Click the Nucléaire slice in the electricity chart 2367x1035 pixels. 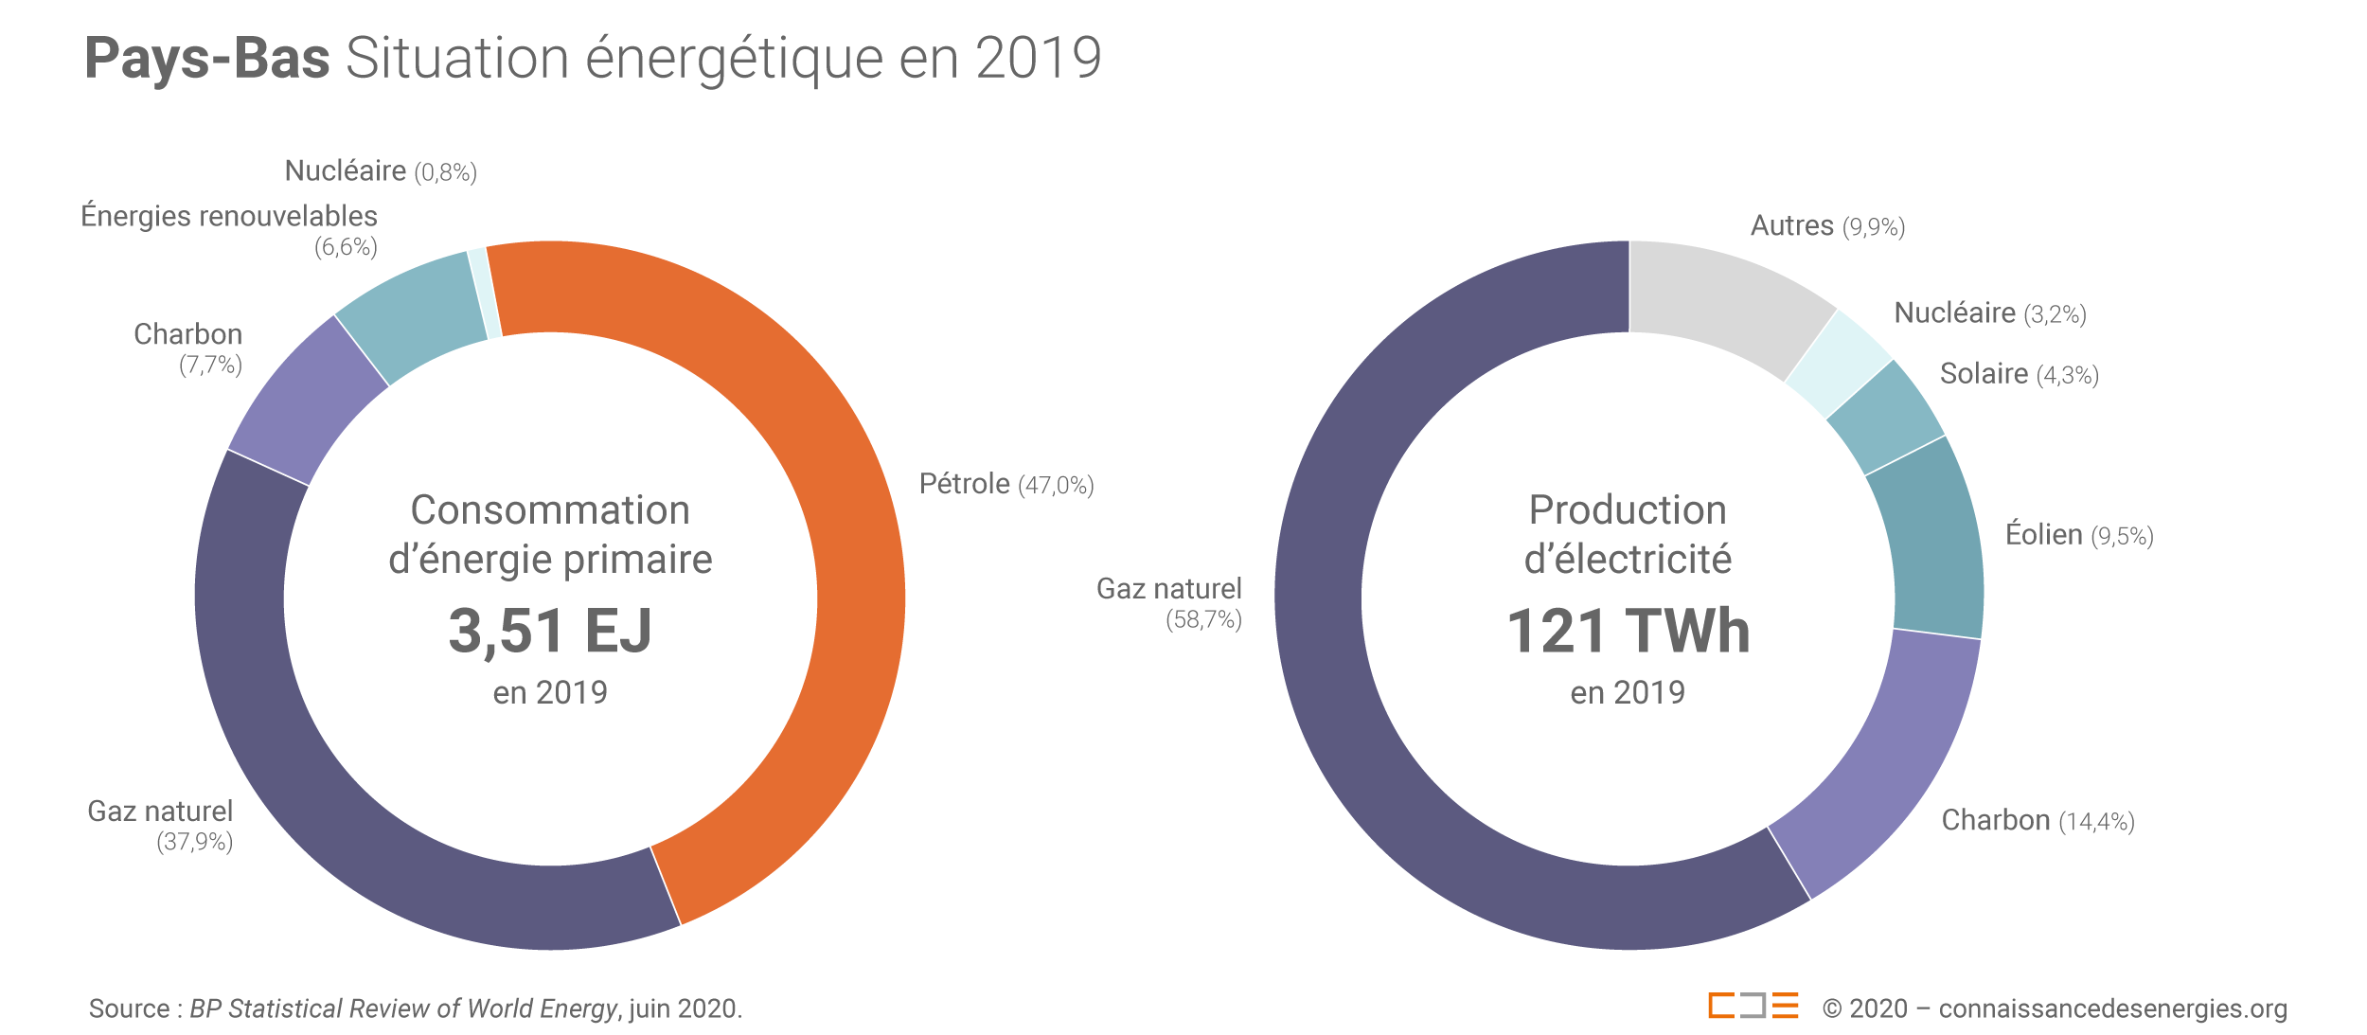[1839, 365]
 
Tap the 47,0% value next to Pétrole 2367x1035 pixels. [1056, 486]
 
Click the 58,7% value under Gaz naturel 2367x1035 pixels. [1203, 620]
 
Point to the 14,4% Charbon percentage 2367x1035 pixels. [2096, 821]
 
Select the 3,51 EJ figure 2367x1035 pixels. [550, 631]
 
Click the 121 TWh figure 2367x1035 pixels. [1628, 631]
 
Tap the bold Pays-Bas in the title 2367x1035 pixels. [207, 58]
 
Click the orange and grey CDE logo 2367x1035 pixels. [1753, 1005]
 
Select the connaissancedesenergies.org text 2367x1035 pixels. [2112, 1008]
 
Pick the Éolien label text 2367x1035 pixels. [2043, 534]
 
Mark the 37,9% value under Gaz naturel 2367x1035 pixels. [195, 842]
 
